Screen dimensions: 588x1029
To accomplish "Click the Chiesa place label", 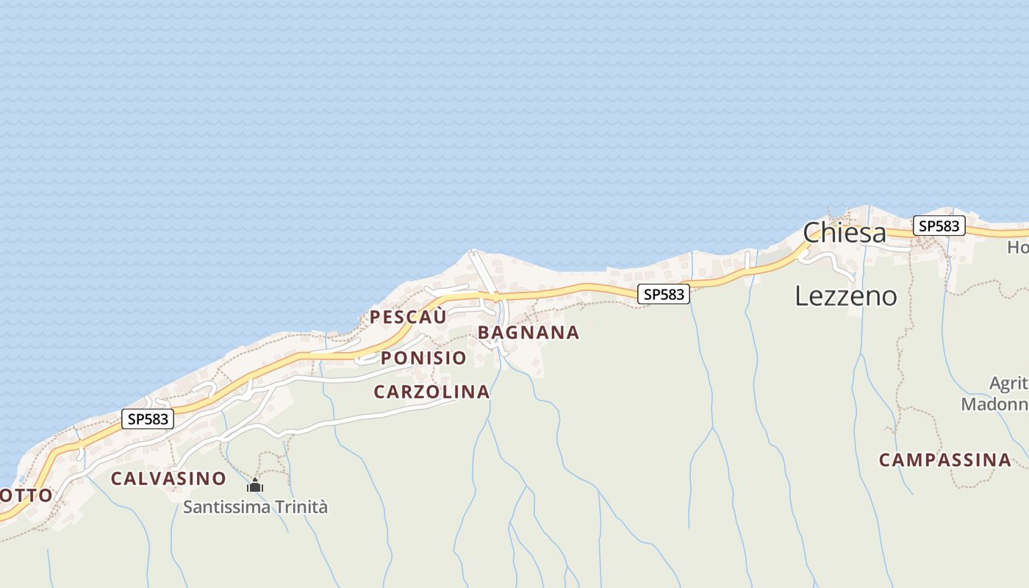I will pyautogui.click(x=845, y=233).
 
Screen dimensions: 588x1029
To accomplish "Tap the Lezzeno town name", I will pyautogui.click(x=846, y=295).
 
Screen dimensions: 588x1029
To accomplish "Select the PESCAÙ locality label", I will pyautogui.click(x=408, y=318).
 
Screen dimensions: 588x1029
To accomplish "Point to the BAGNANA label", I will pyautogui.click(x=528, y=333).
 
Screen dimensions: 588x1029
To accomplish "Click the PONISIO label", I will pyautogui.click(x=423, y=358).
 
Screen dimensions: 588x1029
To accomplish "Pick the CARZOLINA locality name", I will pyautogui.click(x=431, y=392).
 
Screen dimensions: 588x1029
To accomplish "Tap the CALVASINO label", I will pyautogui.click(x=168, y=478).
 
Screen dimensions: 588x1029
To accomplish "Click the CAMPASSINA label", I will pyautogui.click(x=945, y=460).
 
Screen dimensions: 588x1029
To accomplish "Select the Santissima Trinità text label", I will pyautogui.click(x=255, y=507).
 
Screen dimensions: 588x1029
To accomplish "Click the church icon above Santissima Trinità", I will pyautogui.click(x=255, y=485).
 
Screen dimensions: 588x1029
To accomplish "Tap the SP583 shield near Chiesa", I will pyautogui.click(x=939, y=226).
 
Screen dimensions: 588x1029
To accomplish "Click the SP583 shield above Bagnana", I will pyautogui.click(x=664, y=294).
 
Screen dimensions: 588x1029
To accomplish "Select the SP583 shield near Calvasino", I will pyautogui.click(x=148, y=419).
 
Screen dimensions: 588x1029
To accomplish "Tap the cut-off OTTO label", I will pyautogui.click(x=26, y=495).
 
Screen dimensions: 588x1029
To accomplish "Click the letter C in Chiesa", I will pyautogui.click(x=812, y=233).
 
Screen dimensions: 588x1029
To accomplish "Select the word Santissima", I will pyautogui.click(x=226, y=507).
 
